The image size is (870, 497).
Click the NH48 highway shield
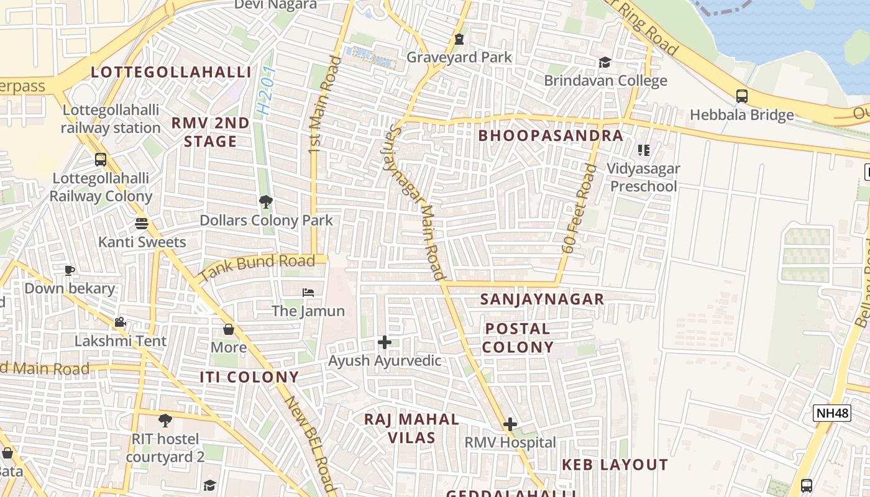[831, 413]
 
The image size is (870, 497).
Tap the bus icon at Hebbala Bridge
[742, 96]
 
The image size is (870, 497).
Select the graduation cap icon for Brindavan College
[605, 62]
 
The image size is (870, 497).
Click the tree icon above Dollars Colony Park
[265, 202]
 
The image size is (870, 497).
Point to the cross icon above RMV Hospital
[510, 424]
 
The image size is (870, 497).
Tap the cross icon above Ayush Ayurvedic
[385, 342]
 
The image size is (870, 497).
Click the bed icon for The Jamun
[308, 292]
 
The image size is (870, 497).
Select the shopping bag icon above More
[229, 329]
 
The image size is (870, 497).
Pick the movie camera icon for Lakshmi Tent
[121, 322]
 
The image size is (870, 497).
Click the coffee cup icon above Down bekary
[70, 270]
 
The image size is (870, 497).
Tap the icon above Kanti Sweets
[142, 224]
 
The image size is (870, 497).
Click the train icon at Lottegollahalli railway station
[101, 160]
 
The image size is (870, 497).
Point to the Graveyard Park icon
[459, 39]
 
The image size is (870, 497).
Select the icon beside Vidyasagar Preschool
[644, 150]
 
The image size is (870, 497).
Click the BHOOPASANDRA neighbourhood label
[551, 136]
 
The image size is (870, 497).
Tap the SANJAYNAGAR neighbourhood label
[542, 299]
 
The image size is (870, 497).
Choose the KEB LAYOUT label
[615, 465]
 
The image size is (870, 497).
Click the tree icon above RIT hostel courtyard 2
[165, 421]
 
